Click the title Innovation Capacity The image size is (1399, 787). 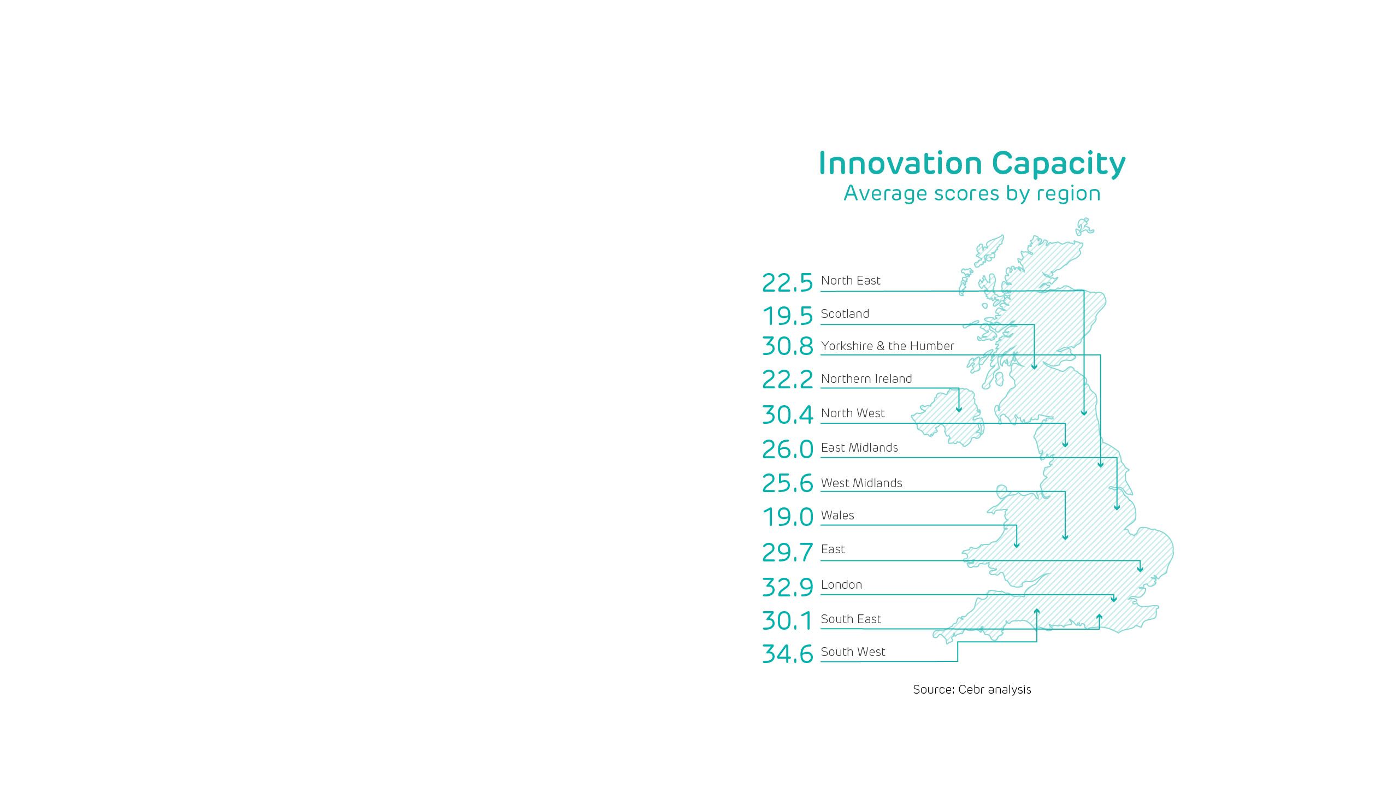click(x=972, y=163)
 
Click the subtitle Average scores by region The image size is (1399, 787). click(x=972, y=193)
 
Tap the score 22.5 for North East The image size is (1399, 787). click(x=787, y=283)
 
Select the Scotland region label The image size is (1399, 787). click(x=845, y=314)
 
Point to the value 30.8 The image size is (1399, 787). click(x=787, y=346)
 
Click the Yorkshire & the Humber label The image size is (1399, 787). click(x=887, y=346)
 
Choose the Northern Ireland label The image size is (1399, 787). click(x=866, y=379)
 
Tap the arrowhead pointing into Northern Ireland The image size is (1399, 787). click(x=959, y=409)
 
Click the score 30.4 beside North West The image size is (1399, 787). click(x=787, y=415)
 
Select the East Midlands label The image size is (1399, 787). click(x=859, y=448)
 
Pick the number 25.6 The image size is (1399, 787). click(x=787, y=483)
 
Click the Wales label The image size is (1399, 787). click(x=837, y=516)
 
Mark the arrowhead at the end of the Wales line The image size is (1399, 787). click(x=1017, y=545)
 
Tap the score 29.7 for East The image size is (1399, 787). click(x=787, y=553)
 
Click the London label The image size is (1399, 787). click(x=841, y=585)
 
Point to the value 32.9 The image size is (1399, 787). click(x=787, y=588)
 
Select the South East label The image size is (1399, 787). click(x=851, y=619)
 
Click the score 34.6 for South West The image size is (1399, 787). click(x=787, y=654)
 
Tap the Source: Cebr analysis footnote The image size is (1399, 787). click(x=972, y=690)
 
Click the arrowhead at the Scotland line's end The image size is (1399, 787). click(x=1034, y=367)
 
